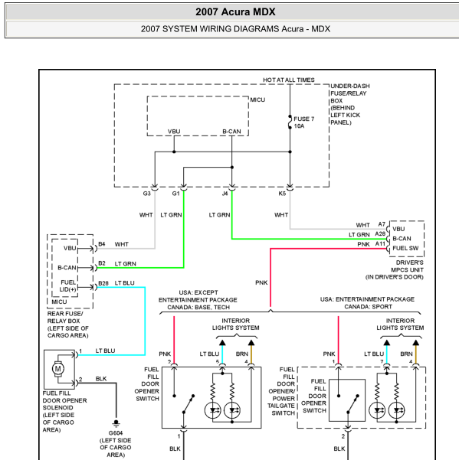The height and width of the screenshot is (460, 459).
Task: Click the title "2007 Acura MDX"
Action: click(235, 12)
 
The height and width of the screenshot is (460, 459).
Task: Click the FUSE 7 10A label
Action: click(304, 122)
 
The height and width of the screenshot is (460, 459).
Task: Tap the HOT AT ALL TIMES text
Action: click(288, 80)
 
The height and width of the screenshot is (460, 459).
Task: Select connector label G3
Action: click(146, 194)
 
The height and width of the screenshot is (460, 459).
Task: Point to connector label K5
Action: click(282, 194)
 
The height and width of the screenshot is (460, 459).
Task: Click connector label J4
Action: click(225, 194)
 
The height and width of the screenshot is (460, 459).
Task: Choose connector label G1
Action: click(175, 194)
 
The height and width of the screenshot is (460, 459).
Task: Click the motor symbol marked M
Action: click(57, 368)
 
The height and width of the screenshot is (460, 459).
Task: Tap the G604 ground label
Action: click(116, 433)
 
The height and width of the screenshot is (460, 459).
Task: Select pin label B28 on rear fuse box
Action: click(103, 283)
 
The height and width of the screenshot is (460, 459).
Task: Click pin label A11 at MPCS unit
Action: click(380, 244)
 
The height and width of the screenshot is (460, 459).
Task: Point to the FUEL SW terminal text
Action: click(405, 248)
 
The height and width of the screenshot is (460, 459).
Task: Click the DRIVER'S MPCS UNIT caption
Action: click(395, 269)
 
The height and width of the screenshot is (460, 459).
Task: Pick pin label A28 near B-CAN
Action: click(380, 233)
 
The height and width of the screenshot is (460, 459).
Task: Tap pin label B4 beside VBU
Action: click(102, 244)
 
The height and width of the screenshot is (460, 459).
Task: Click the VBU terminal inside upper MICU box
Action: click(174, 132)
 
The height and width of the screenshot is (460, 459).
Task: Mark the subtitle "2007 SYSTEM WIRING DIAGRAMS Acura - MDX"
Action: click(235, 29)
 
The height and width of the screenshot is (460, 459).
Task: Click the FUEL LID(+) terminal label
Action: click(68, 285)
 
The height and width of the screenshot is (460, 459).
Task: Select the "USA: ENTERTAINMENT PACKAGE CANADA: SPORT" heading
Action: click(367, 303)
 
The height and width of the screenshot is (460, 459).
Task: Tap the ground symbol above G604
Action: click(116, 423)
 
